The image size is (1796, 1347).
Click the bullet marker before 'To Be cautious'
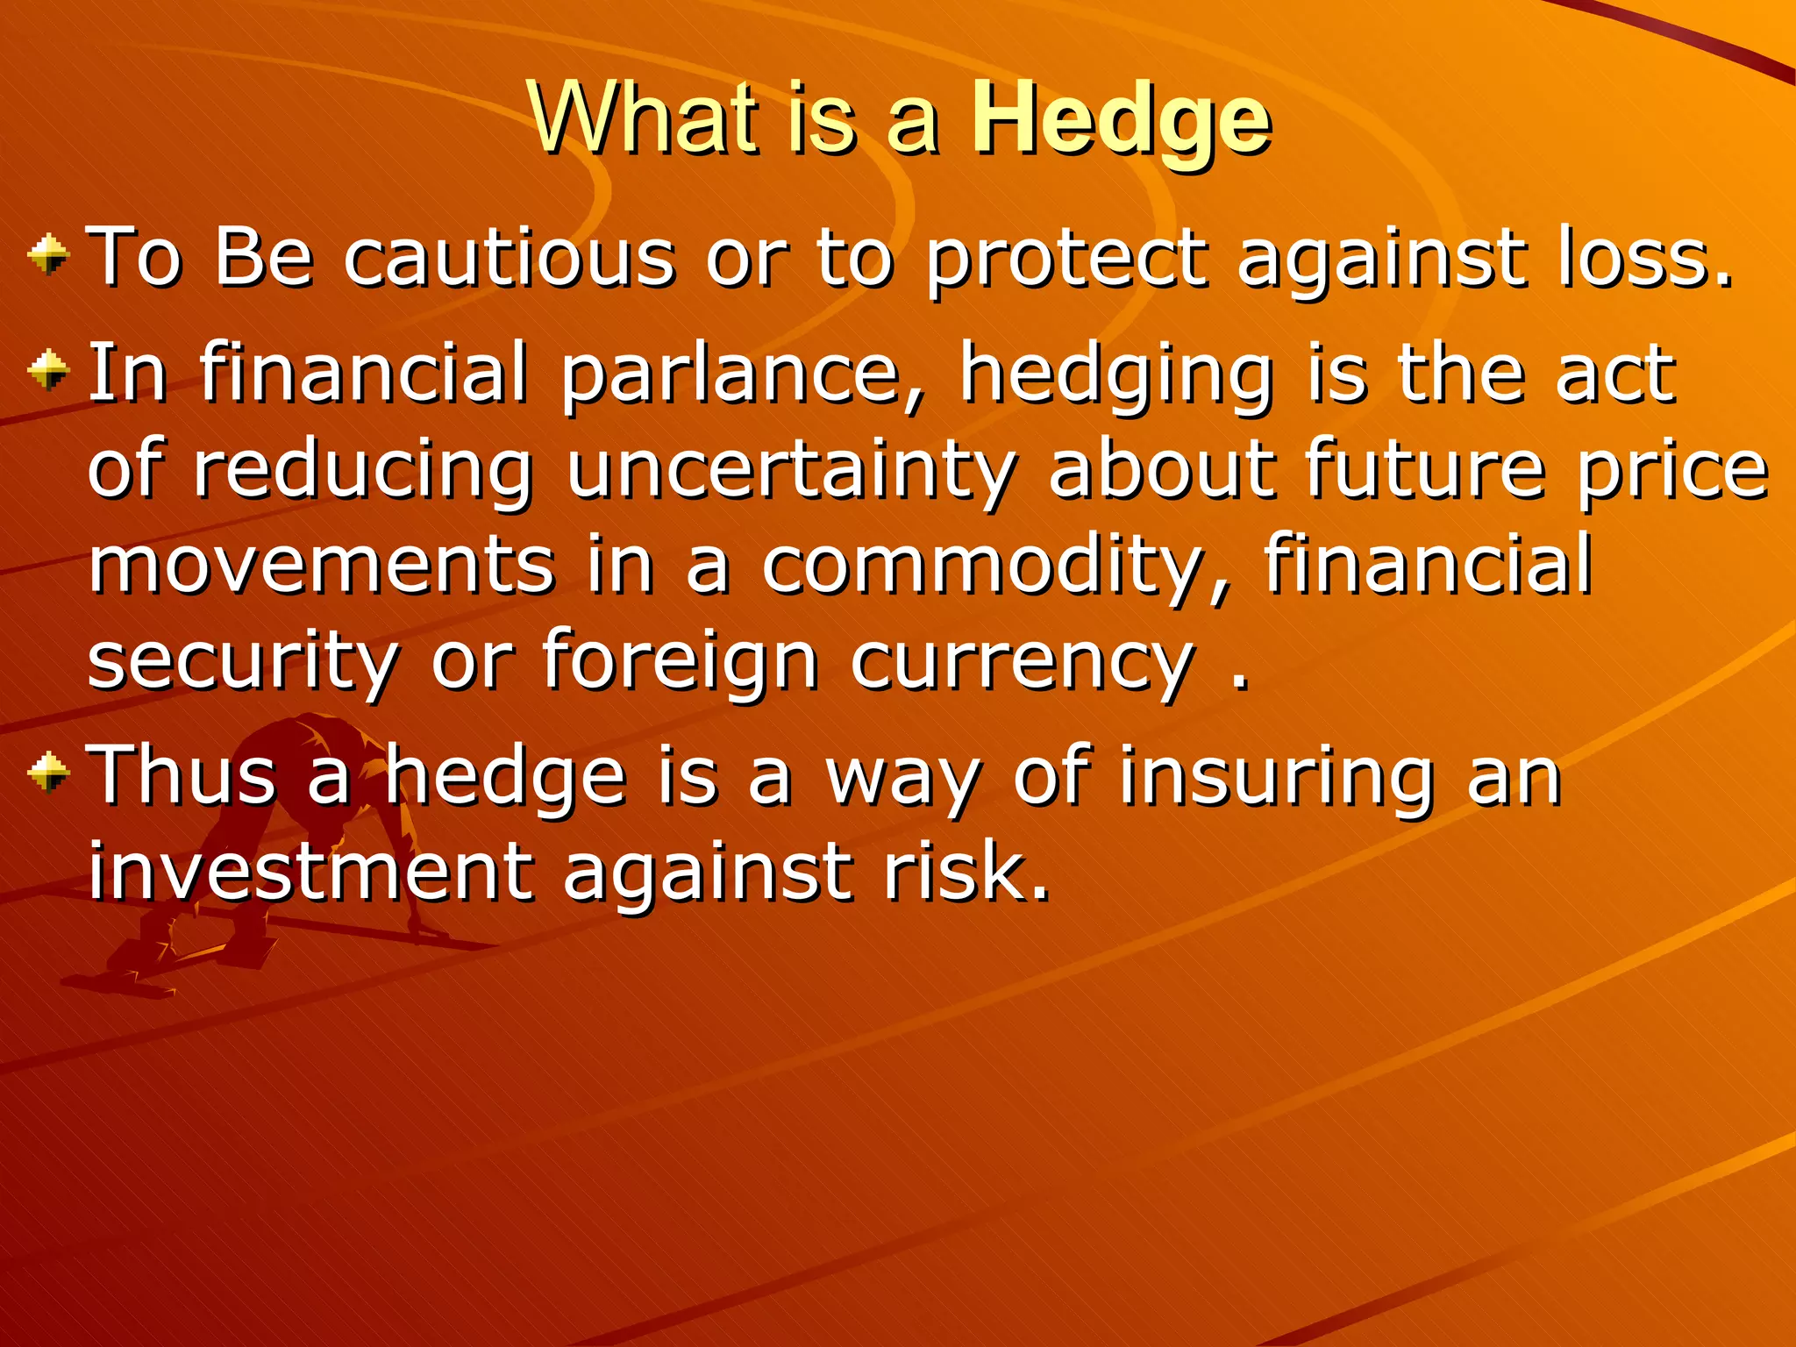[48, 256]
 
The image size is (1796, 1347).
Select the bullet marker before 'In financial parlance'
[48, 372]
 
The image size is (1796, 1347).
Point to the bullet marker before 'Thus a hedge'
[48, 773]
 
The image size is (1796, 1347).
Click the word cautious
[510, 258]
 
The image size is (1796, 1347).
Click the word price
[1672, 472]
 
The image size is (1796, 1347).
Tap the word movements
[321, 566]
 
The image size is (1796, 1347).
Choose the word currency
[1023, 664]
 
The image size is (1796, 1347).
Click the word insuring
[1276, 777]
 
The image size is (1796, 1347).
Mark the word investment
[310, 872]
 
